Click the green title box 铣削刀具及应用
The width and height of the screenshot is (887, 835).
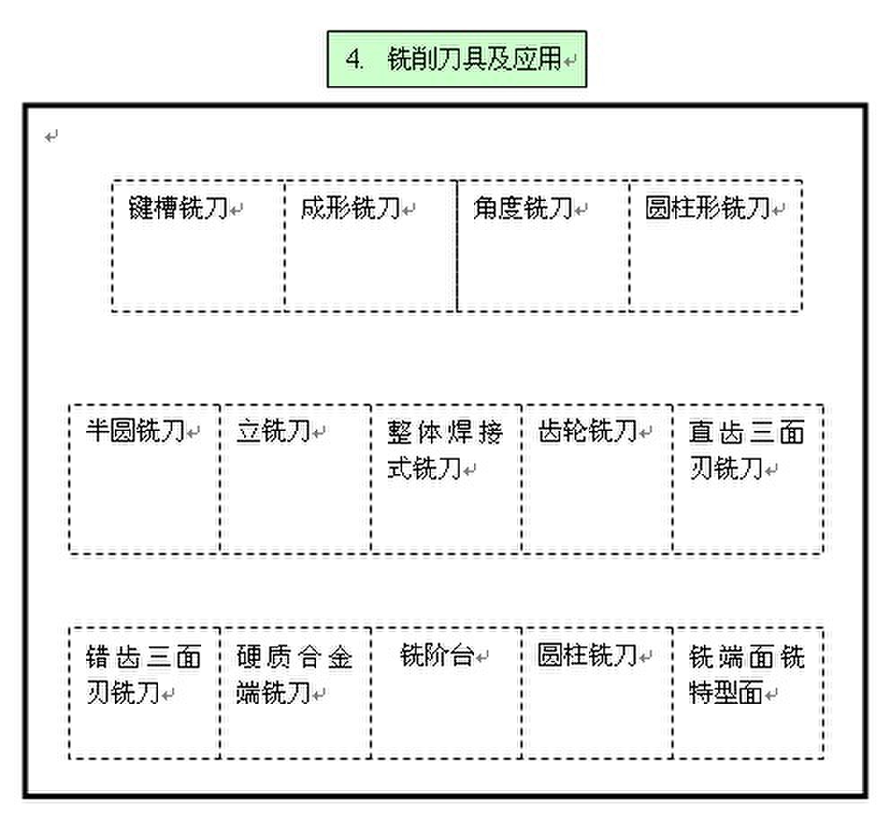point(456,59)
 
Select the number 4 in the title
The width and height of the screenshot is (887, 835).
point(354,59)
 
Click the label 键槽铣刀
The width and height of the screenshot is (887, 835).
point(178,208)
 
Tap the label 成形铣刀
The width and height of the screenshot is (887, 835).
point(351,208)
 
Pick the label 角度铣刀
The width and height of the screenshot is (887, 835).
point(523,208)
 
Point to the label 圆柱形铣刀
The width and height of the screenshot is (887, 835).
point(707,208)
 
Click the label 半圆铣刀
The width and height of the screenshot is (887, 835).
point(136,431)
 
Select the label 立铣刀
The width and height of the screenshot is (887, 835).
point(274,431)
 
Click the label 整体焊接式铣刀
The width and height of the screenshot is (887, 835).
point(444,450)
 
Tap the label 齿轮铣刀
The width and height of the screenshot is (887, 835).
point(588,431)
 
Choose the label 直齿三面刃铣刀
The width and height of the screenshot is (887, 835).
point(747,450)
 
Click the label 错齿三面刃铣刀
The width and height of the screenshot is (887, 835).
point(143,674)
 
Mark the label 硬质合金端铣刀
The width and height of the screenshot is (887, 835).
point(294,674)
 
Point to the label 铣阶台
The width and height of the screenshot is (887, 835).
point(436,655)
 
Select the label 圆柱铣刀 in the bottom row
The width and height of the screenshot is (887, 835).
point(588,655)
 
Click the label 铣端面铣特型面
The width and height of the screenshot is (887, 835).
point(747,674)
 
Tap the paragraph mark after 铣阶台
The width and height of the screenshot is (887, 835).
point(481,657)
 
